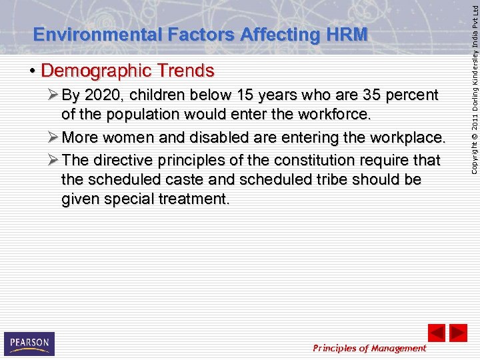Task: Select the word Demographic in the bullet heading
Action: (96, 70)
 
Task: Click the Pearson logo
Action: (29, 343)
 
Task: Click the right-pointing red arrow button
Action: (458, 333)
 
